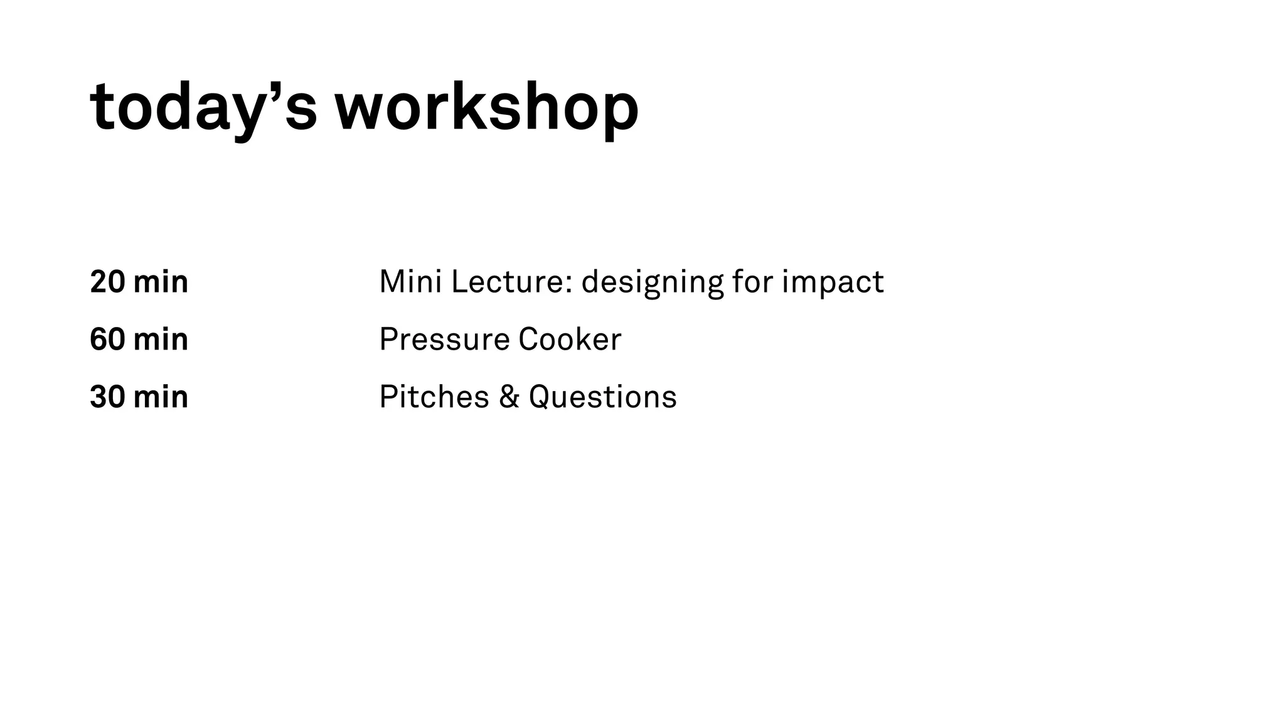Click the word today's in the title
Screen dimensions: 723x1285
coord(203,108)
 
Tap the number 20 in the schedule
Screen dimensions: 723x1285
coord(107,282)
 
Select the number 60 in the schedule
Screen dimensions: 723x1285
coord(107,340)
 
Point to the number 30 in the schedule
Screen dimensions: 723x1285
coord(107,397)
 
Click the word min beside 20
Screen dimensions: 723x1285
coord(161,282)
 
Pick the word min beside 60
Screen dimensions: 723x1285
coord(161,340)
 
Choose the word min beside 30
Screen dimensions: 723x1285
coord(161,397)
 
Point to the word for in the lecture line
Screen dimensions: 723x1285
coord(752,282)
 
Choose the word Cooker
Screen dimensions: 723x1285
coord(570,340)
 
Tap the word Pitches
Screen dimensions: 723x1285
coord(434,397)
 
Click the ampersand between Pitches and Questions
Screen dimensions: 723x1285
coord(509,397)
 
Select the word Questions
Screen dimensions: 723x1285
coord(602,397)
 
